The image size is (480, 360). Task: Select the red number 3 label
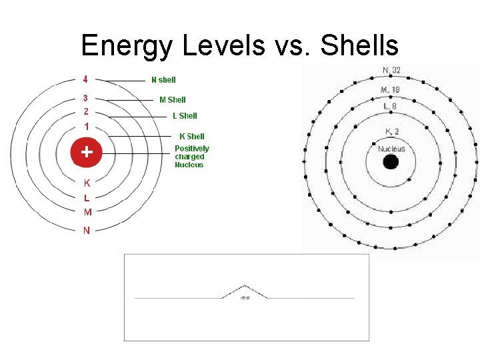(x=86, y=98)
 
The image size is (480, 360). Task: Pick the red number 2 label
(x=86, y=111)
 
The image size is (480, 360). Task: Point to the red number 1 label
(x=86, y=127)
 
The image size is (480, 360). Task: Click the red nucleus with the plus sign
(x=86, y=152)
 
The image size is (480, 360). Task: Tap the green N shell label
(x=163, y=80)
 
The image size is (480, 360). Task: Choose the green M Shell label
(x=173, y=100)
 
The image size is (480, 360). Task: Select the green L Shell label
(x=185, y=116)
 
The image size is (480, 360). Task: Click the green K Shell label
(x=192, y=137)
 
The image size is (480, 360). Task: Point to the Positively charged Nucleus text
(x=191, y=157)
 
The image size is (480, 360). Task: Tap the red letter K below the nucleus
(x=87, y=182)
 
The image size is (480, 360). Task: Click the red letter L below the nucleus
(x=87, y=197)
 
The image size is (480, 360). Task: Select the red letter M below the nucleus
(x=87, y=213)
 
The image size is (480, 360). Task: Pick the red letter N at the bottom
(x=87, y=231)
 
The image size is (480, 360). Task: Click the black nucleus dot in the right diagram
(x=391, y=161)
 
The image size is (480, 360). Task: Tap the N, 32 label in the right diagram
(x=391, y=71)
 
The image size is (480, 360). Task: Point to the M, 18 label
(x=390, y=89)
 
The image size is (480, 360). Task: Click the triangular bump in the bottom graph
(x=245, y=291)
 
